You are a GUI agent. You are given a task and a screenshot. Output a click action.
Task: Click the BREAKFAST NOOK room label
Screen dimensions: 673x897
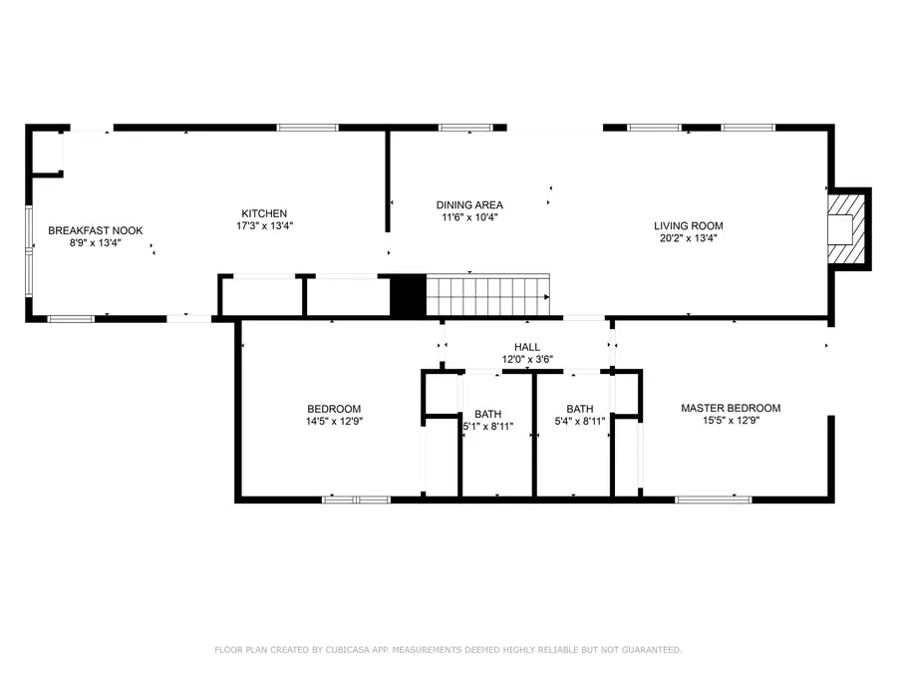96,230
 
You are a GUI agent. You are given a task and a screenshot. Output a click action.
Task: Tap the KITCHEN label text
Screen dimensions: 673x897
264,213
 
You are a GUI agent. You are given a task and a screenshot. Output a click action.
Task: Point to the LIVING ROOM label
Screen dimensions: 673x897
688,226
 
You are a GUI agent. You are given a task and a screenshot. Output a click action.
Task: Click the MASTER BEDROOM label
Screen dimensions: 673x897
731,408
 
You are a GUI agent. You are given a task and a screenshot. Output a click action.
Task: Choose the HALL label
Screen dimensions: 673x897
527,347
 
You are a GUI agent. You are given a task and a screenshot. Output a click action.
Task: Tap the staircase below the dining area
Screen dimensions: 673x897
487,297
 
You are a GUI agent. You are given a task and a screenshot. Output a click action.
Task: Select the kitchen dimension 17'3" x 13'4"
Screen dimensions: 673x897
264,226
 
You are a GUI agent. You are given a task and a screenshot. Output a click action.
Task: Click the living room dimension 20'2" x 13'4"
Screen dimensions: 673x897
688,239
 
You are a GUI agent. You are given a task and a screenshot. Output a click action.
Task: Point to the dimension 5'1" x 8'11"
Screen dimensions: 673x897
487,426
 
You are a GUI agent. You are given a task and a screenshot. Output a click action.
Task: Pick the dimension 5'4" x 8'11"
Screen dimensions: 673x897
579,422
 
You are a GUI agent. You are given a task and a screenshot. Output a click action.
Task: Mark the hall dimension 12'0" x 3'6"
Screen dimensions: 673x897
527,360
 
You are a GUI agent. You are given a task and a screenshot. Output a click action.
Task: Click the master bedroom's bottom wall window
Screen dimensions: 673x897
714,498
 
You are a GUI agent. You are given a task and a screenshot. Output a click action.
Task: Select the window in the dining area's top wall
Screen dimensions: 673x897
458,128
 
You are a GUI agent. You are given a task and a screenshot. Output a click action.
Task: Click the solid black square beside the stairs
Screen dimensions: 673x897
408,297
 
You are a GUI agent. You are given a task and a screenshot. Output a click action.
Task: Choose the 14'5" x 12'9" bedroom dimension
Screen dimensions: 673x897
334,422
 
